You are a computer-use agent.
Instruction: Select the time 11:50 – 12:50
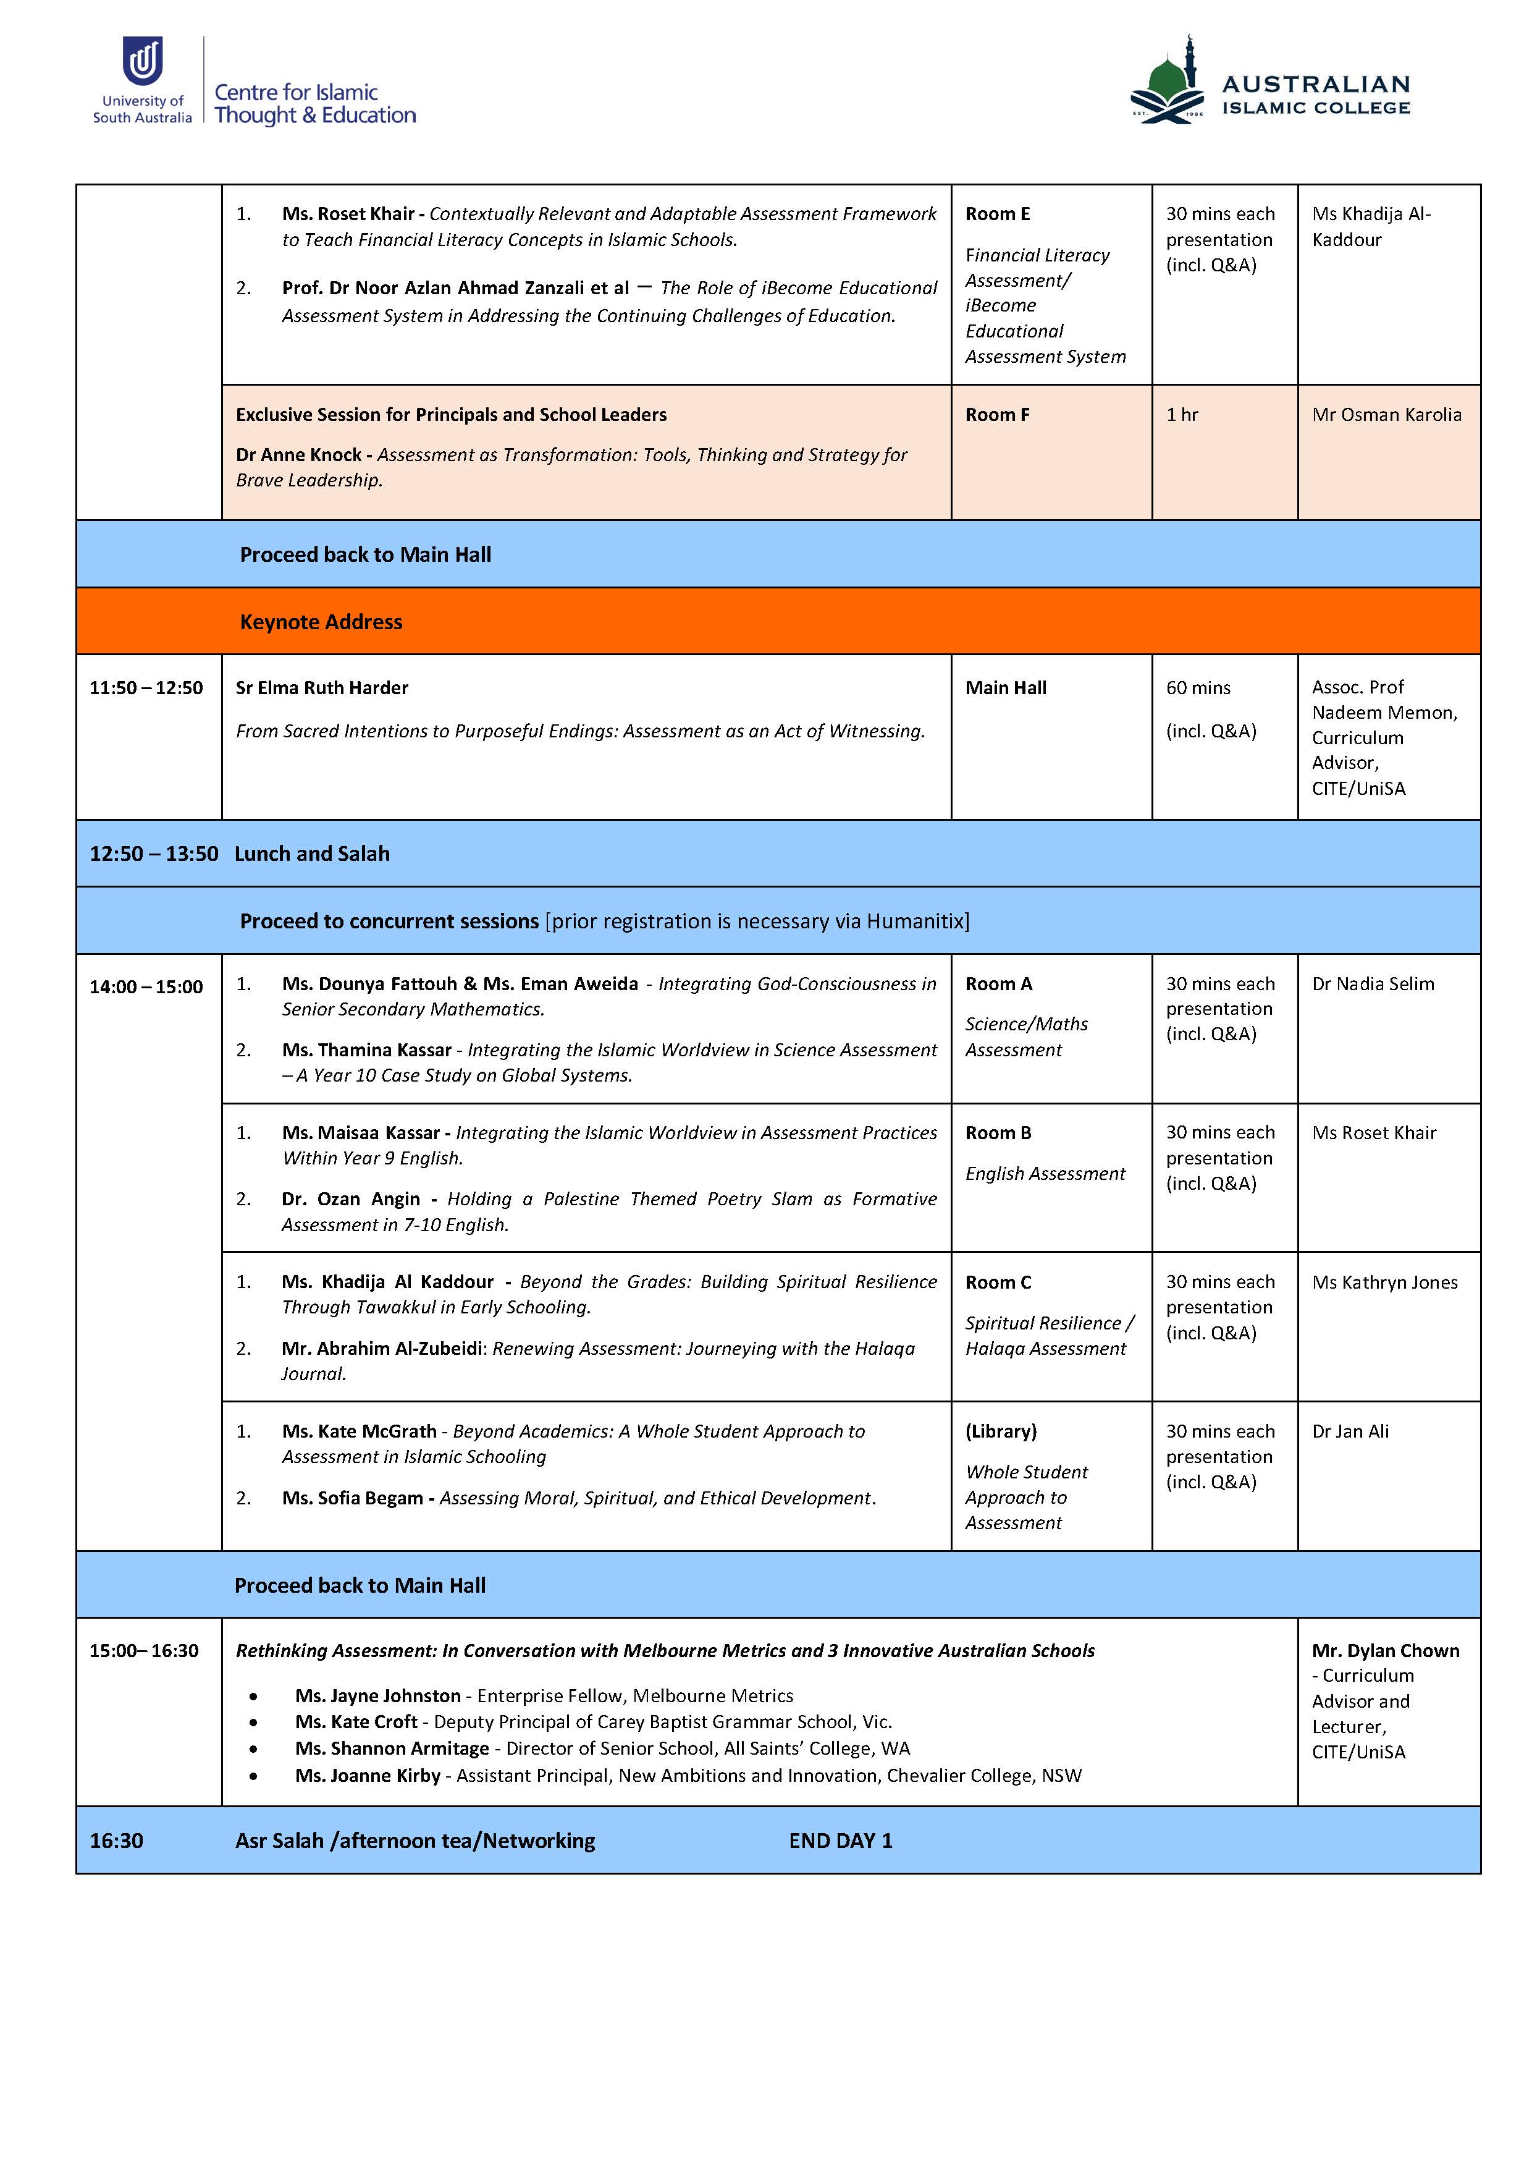click(146, 687)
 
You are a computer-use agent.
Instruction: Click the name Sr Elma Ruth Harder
click(322, 687)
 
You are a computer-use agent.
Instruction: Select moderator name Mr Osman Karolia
click(1386, 415)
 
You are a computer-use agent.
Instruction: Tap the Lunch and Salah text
click(312, 854)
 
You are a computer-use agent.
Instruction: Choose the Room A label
click(998, 984)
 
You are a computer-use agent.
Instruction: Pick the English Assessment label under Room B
click(1045, 1173)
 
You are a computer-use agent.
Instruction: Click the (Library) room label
click(1001, 1431)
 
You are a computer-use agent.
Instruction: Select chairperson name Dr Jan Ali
click(1350, 1431)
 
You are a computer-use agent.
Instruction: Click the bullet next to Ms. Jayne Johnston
click(253, 1696)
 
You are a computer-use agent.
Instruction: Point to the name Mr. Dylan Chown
click(1385, 1651)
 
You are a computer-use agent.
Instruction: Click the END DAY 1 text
click(840, 1841)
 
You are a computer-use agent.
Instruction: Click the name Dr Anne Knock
click(298, 454)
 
